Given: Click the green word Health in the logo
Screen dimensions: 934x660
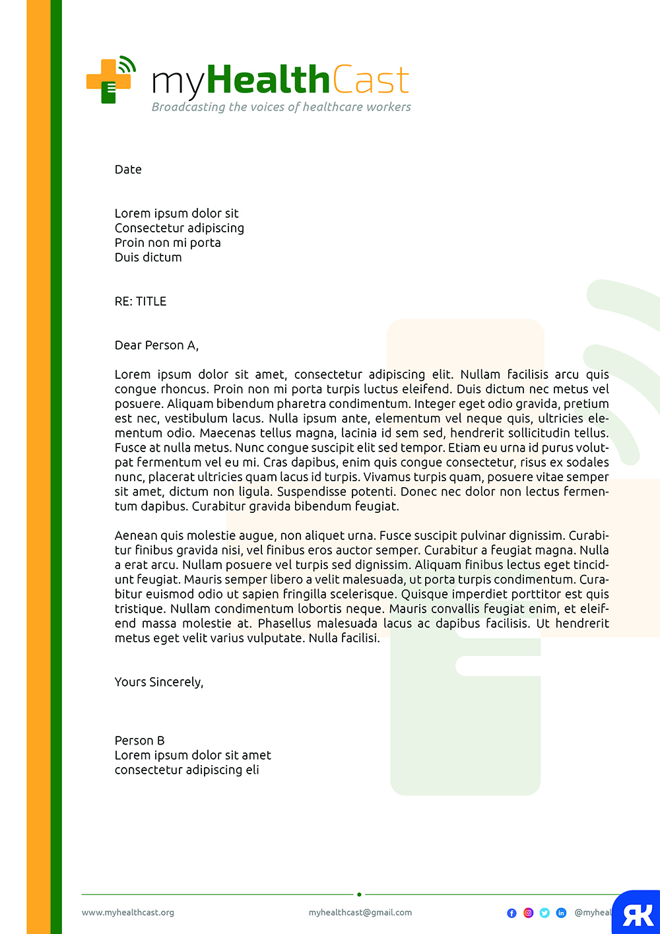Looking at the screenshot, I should (268, 81).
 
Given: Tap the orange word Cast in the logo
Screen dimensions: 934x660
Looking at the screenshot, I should (370, 81).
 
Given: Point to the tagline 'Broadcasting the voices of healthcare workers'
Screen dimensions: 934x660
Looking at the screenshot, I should (281, 107).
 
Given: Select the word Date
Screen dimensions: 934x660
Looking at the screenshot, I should (128, 170).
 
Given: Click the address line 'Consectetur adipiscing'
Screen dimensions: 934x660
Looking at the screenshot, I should (180, 228).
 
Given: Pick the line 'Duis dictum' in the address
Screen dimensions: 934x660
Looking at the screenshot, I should (148, 257).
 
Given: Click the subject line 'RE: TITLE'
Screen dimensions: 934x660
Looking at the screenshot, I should (141, 302).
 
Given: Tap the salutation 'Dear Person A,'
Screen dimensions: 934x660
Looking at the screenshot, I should (156, 345).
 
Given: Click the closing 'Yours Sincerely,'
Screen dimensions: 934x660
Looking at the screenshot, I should (159, 682).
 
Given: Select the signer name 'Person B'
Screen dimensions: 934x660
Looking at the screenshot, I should (139, 741).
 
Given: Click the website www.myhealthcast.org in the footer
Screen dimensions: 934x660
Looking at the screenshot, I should (128, 912).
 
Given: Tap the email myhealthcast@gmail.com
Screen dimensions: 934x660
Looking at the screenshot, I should (360, 912).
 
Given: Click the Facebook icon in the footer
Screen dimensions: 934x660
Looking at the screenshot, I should (511, 913).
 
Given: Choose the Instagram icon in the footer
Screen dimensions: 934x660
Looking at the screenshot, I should (528, 913).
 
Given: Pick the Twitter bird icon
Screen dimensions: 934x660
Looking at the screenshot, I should (544, 913).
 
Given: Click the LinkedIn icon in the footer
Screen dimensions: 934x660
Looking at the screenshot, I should (561, 913).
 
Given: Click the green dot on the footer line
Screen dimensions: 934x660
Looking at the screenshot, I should (359, 894).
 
